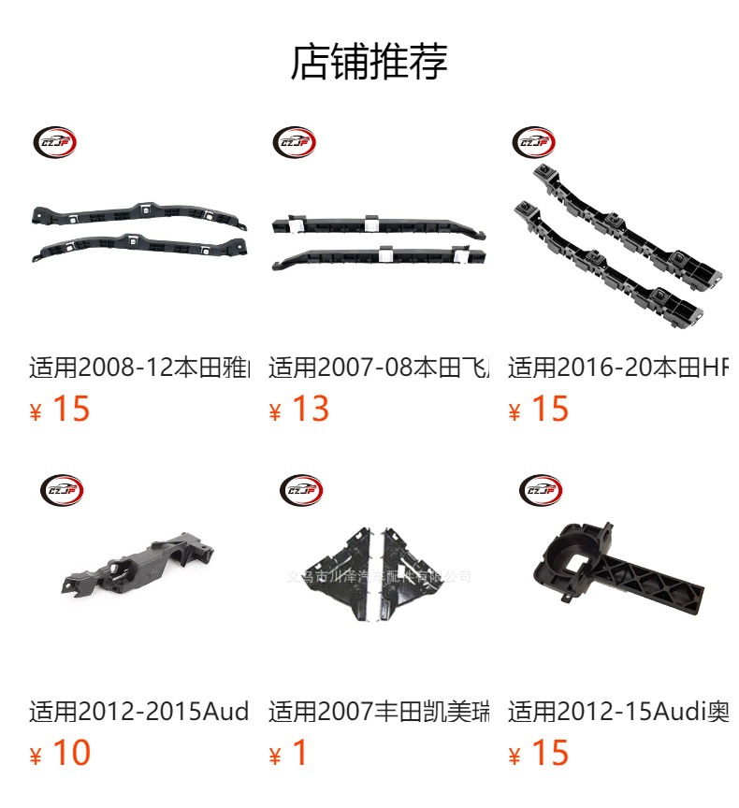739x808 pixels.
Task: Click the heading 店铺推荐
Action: (369, 62)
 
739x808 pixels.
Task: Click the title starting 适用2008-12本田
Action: (139, 367)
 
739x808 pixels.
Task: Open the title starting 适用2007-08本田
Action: (379, 367)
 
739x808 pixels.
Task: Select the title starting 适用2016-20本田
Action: (617, 367)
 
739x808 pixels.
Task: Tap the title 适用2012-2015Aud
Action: (139, 712)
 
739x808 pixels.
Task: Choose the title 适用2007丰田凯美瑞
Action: (379, 712)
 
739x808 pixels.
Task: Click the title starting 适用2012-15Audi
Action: (617, 712)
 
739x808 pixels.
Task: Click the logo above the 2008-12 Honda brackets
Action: (54, 143)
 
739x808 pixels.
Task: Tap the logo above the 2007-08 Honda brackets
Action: (294, 143)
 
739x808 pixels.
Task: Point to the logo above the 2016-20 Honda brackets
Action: (533, 143)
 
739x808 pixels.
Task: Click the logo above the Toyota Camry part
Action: (301, 489)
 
